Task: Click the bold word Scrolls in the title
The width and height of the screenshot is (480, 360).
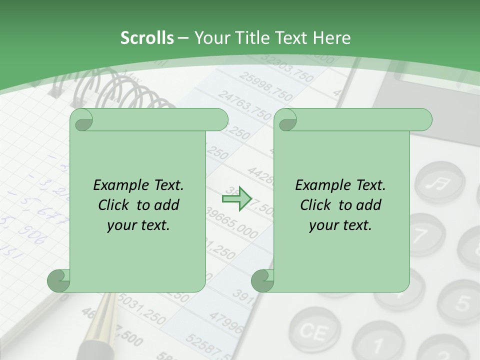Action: point(147,38)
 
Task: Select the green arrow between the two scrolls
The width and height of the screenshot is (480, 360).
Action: point(236,198)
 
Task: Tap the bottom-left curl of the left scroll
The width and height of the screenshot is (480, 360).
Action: point(59,280)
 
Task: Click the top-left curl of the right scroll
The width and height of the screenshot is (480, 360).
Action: point(286,120)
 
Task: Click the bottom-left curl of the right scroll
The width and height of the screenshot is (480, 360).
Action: point(262,280)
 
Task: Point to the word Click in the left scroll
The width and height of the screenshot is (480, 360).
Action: point(114,205)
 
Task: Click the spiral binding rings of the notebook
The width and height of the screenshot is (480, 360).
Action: point(120,90)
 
